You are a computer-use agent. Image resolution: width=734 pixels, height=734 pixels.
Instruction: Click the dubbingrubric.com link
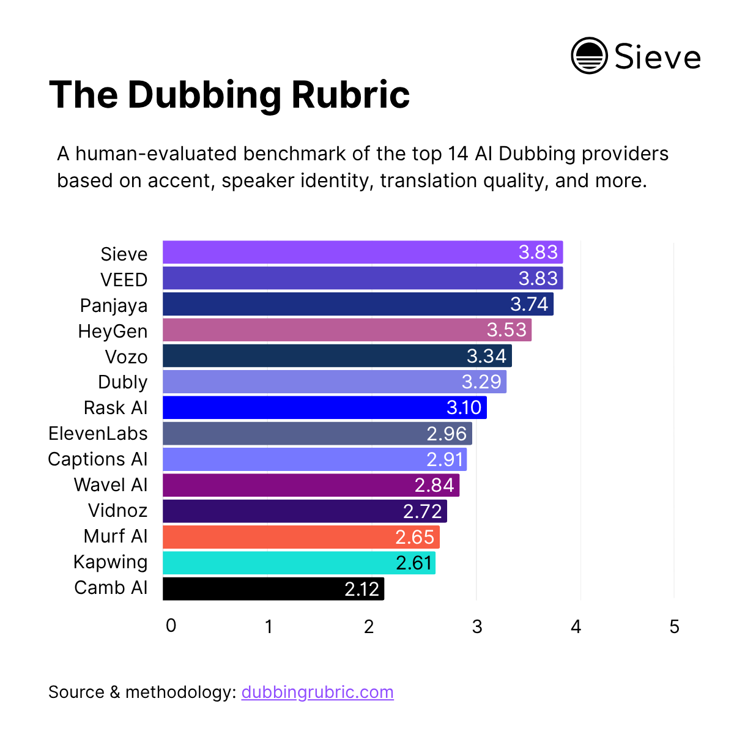click(x=317, y=692)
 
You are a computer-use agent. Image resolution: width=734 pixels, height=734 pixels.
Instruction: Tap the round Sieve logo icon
click(x=589, y=56)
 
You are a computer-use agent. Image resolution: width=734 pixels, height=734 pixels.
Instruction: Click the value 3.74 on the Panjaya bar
click(x=529, y=304)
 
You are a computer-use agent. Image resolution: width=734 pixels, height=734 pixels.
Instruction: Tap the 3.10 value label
click(x=464, y=407)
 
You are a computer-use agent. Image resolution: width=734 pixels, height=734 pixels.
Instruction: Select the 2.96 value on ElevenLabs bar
click(x=447, y=434)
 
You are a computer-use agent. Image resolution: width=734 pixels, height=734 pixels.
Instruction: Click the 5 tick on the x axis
click(x=674, y=627)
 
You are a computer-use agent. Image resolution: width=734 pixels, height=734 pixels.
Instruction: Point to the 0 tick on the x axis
click(x=171, y=626)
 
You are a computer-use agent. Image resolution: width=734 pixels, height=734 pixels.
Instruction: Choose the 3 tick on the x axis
click(x=477, y=627)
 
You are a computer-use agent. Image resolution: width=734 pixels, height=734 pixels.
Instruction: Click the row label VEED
click(x=124, y=280)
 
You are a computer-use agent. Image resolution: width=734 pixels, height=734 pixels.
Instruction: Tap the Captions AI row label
click(x=98, y=459)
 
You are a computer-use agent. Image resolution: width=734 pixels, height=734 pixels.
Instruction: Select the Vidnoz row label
click(x=118, y=510)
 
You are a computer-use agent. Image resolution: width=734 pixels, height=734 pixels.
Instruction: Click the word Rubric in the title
click(x=350, y=95)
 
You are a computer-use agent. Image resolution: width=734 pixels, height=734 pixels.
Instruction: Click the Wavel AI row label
click(x=111, y=484)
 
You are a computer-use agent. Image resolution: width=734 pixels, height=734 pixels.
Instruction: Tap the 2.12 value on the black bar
click(x=362, y=588)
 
